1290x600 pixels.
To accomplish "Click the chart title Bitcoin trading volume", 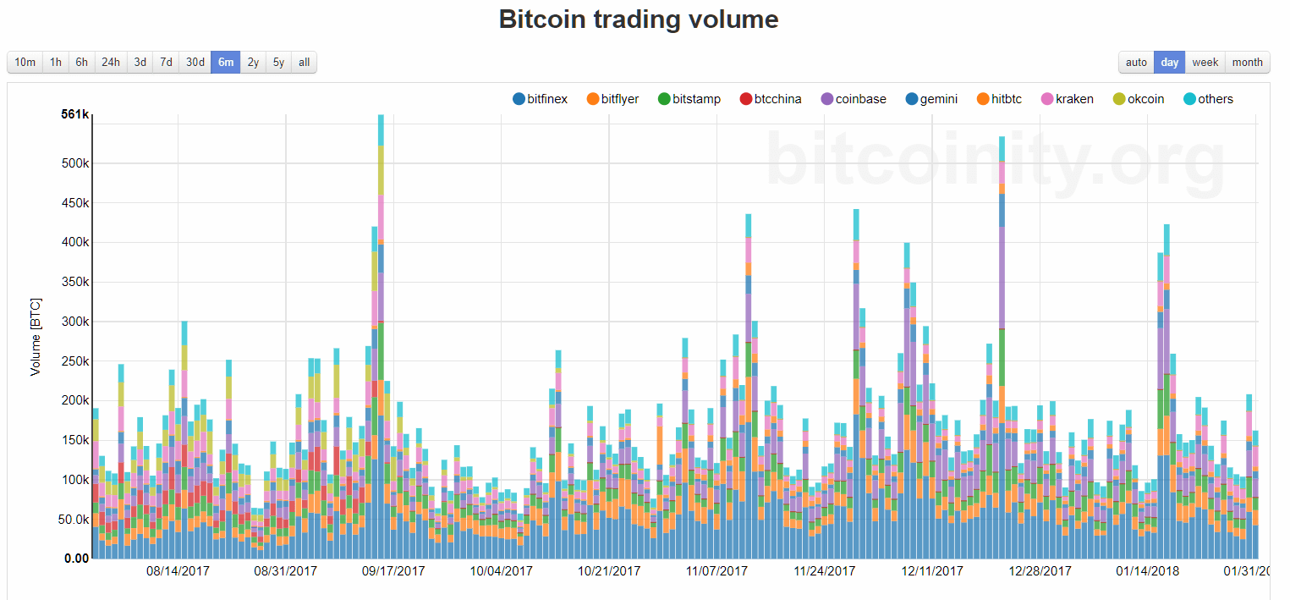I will point(638,19).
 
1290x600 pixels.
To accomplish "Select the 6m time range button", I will point(226,62).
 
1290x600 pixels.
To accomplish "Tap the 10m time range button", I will point(25,62).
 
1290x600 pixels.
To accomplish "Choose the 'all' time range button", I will point(304,62).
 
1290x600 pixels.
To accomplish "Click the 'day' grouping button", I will point(1169,62).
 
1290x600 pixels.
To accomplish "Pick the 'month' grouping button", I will point(1247,62).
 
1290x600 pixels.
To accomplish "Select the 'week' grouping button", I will point(1205,62).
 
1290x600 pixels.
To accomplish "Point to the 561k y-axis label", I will point(74,114).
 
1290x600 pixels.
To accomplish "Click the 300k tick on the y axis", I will point(74,322).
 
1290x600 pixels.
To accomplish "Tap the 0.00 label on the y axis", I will point(76,559).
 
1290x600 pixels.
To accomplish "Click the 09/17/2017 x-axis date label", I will point(393,571).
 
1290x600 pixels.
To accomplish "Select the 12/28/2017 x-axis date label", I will point(1039,571).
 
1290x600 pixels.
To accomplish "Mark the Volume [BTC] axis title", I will point(36,337).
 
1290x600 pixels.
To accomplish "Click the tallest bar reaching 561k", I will point(381,339).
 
